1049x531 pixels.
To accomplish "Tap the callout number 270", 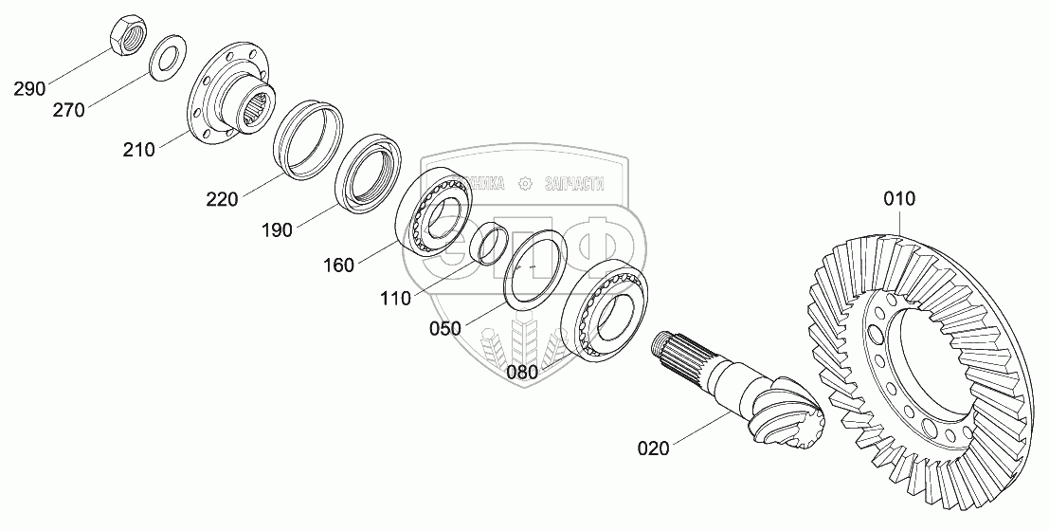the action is click(69, 110).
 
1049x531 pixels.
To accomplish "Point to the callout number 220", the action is click(223, 199).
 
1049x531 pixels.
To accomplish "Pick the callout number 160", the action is click(338, 265).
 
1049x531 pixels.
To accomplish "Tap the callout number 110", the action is click(395, 299).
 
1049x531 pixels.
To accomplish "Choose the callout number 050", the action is click(444, 328).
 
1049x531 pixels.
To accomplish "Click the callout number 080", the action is click(521, 372).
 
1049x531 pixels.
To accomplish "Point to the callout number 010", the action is click(899, 199).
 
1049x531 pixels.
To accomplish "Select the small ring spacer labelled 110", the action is click(489, 242).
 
